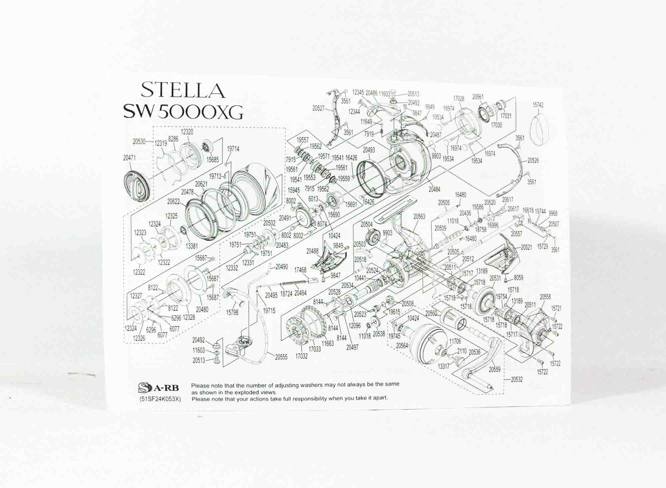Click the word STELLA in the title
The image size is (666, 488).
pos(183,90)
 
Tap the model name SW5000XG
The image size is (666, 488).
pos(183,112)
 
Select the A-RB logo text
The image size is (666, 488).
pos(166,388)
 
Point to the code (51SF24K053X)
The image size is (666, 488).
pos(160,399)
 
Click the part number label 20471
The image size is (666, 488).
pos(129,158)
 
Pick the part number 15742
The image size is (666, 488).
pos(538,105)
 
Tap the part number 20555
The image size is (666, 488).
pos(281,357)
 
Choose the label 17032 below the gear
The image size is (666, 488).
pos(301,356)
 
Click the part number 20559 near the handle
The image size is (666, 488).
pos(495,369)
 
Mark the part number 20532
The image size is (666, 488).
pos(516,380)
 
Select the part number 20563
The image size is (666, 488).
pos(419,216)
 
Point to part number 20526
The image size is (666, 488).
pos(533,160)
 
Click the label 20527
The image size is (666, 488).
pos(319,108)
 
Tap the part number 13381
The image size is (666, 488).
pos(191,246)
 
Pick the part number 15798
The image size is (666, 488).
pos(232,313)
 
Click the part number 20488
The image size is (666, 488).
pos(312,251)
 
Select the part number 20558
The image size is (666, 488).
pos(545,297)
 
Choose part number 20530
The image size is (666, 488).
pos(139,141)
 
